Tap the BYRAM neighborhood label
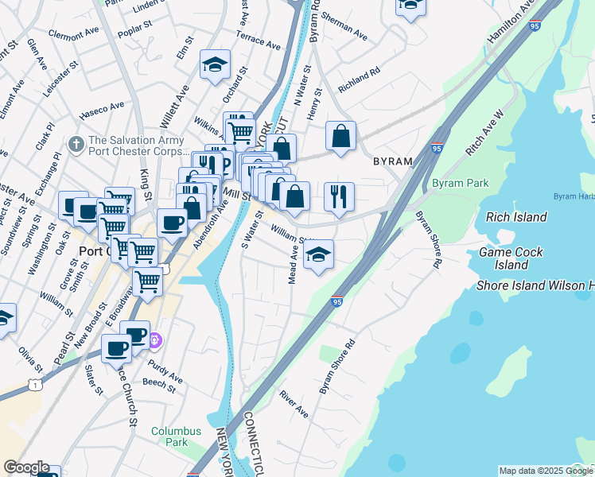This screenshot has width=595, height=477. (x=393, y=161)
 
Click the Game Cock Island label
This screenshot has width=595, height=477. (x=511, y=258)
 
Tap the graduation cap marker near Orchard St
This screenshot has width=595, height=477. (x=214, y=65)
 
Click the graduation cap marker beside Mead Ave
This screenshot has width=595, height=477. (x=319, y=255)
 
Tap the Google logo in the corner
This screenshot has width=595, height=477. (x=26, y=468)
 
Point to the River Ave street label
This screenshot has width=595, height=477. (x=293, y=404)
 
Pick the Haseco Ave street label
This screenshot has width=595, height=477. (x=102, y=107)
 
